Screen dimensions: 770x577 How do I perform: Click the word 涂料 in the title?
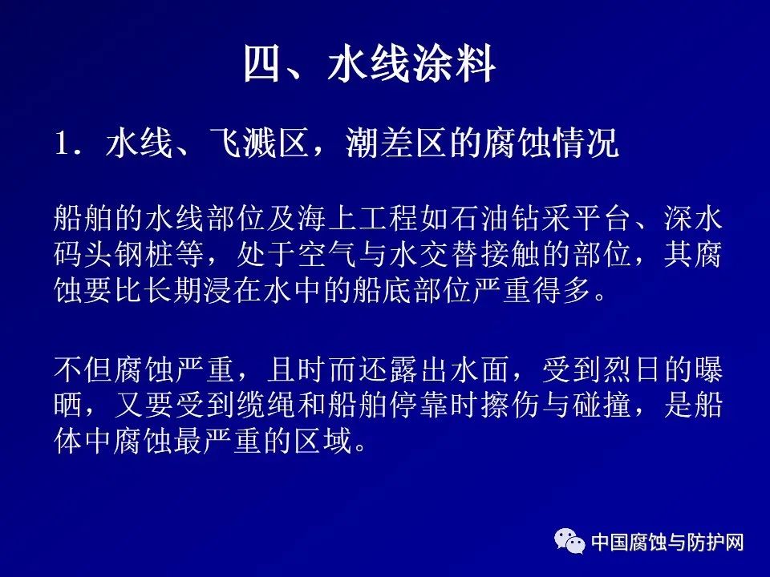coord(454,64)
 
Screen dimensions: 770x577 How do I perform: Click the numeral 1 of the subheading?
coord(63,143)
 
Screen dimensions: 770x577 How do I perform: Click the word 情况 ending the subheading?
coord(586,143)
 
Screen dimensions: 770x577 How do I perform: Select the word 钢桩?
coord(144,254)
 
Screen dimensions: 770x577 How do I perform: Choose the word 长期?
coord(174,291)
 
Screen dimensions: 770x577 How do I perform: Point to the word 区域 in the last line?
coord(322,442)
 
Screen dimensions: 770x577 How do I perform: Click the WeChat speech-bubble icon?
coord(570,541)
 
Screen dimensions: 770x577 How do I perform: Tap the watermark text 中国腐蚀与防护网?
coord(667,543)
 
